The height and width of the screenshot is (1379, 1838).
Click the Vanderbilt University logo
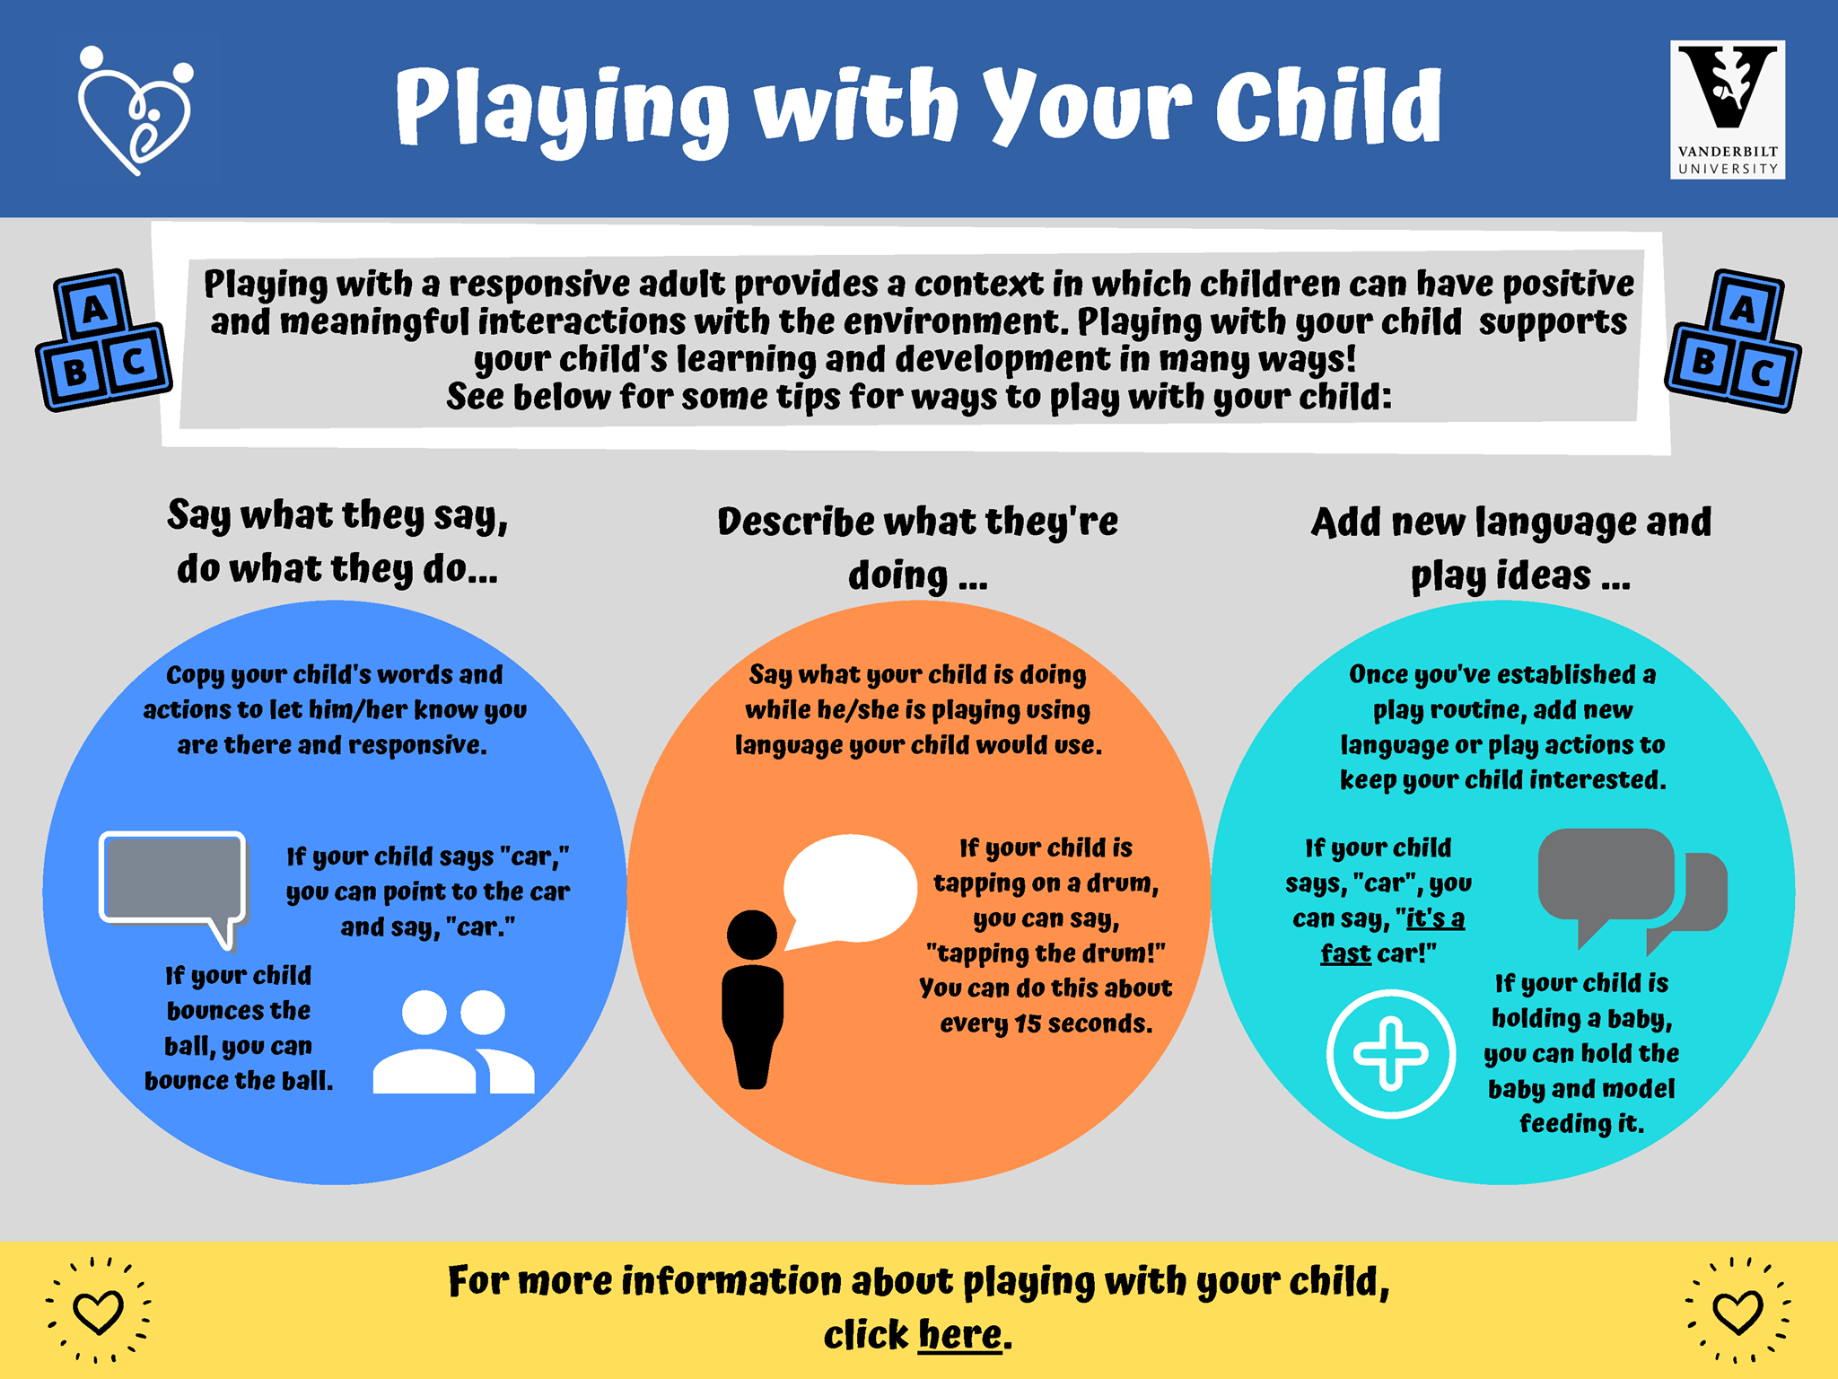1727,110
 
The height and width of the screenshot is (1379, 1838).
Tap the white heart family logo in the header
135,110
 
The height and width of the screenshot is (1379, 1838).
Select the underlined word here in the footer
959,1334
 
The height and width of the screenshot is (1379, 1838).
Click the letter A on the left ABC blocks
93,310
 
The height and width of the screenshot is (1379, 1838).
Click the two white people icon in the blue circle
453,1041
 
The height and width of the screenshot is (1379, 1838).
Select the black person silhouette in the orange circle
752,998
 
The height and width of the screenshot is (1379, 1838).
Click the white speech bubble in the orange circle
849,889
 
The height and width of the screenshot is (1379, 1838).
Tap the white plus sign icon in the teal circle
1391,1053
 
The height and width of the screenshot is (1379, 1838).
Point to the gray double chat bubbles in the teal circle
1632,889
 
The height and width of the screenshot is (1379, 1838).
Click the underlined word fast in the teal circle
1345,953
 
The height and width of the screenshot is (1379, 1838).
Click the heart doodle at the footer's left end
98,1311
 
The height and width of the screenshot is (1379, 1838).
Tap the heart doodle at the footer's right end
1737,1311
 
